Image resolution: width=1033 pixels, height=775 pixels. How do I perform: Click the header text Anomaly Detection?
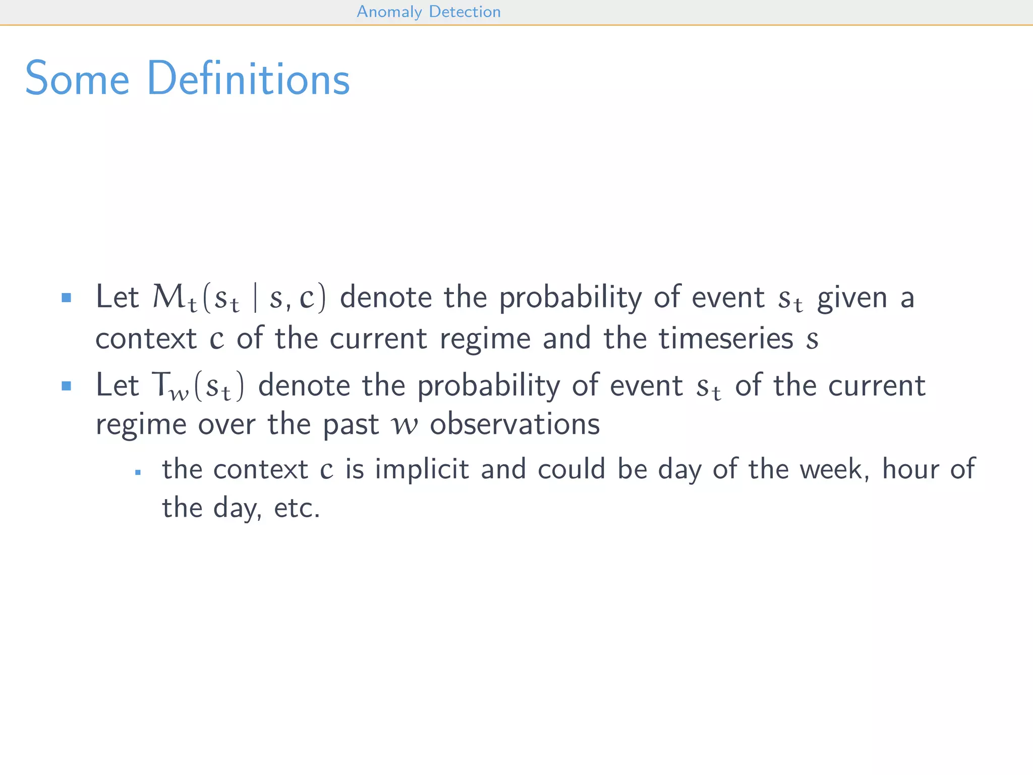point(428,12)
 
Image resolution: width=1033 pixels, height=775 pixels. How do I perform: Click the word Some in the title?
point(77,79)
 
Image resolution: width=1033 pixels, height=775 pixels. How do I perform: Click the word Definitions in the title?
point(248,79)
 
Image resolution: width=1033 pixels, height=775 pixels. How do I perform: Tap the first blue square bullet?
point(66,297)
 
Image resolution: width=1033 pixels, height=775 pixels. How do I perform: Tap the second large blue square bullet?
point(66,386)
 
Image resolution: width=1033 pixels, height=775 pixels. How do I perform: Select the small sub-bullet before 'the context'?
point(138,473)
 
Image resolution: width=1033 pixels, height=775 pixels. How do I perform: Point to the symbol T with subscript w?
point(162,385)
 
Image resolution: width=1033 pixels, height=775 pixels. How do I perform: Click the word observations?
point(514,424)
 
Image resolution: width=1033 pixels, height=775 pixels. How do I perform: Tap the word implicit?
point(422,469)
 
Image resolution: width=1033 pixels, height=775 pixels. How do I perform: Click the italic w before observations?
point(405,425)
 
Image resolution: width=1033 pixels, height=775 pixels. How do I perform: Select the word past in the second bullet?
point(350,425)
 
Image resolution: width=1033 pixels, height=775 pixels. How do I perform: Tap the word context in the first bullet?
point(146,339)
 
